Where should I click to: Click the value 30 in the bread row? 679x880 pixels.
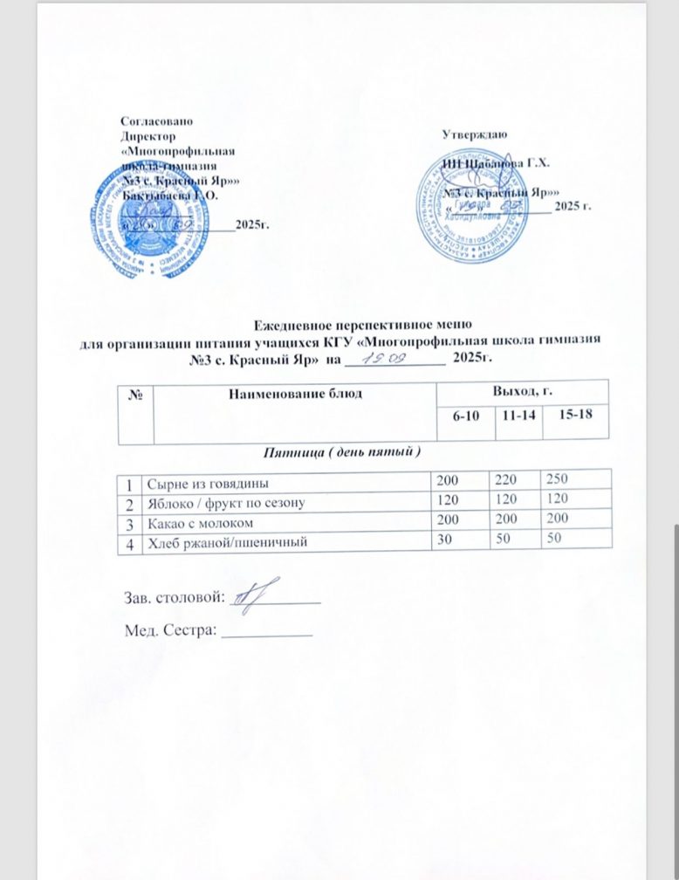(443, 542)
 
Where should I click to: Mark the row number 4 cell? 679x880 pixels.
(129, 542)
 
